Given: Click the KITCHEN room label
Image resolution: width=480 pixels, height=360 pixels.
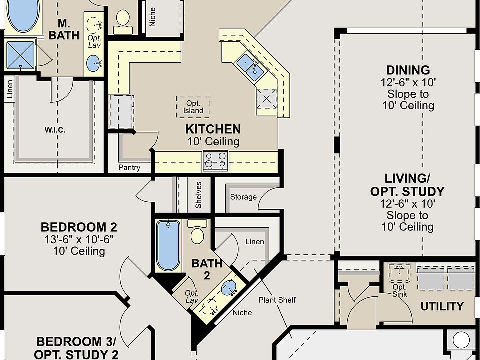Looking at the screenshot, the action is pyautogui.click(x=213, y=129).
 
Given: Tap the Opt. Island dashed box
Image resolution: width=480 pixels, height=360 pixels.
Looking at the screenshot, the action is pyautogui.click(x=193, y=107).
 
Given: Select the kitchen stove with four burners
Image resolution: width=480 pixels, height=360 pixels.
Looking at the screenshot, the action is pyautogui.click(x=215, y=160).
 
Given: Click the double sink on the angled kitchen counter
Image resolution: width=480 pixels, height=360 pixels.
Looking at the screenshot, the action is pyautogui.click(x=250, y=67).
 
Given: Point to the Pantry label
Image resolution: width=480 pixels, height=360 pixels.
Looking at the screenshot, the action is pyautogui.click(x=129, y=168).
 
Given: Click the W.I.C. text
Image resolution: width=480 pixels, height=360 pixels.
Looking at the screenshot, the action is pyautogui.click(x=55, y=130).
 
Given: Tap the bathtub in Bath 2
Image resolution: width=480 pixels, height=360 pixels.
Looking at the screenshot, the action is pyautogui.click(x=168, y=245).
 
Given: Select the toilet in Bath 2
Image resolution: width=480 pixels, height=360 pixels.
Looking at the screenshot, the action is pyautogui.click(x=197, y=232).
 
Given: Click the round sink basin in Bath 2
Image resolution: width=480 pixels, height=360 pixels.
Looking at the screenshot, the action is pyautogui.click(x=229, y=288).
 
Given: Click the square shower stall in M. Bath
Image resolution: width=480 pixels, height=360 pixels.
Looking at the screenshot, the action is pyautogui.click(x=20, y=55).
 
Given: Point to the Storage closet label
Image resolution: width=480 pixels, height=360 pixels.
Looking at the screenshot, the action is pyautogui.click(x=243, y=197).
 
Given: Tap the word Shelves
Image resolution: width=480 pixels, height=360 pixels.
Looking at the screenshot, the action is pyautogui.click(x=199, y=195).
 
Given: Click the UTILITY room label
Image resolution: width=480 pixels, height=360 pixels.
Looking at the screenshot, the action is pyautogui.click(x=442, y=306).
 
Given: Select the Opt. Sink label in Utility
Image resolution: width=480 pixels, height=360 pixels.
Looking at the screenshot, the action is pyautogui.click(x=400, y=291).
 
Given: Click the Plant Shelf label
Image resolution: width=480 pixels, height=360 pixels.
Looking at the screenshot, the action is pyautogui.click(x=277, y=300).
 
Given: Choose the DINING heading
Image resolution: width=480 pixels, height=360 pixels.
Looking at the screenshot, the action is pyautogui.click(x=408, y=70).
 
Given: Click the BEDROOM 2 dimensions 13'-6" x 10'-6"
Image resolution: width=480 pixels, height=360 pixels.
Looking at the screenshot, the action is pyautogui.click(x=79, y=239).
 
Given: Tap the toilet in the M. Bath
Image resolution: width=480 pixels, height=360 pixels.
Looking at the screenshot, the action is pyautogui.click(x=123, y=22).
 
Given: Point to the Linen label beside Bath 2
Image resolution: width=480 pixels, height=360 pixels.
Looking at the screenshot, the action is pyautogui.click(x=255, y=242).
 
